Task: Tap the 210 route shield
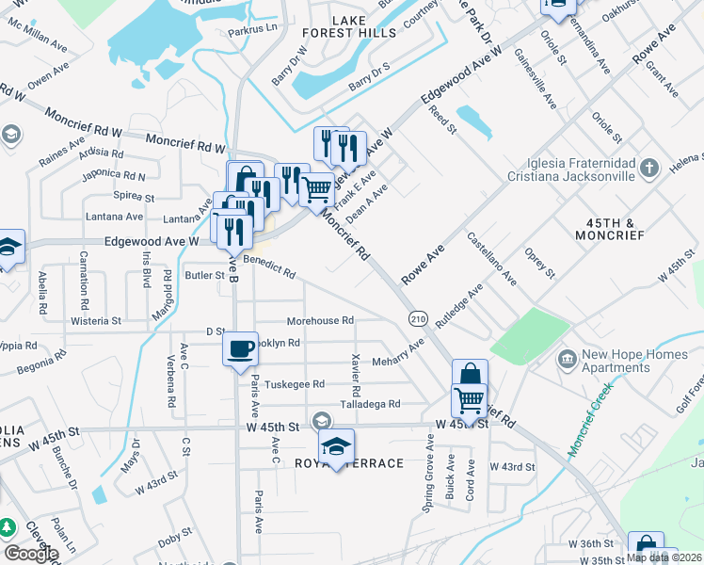[x=418, y=319]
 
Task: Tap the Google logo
[x=31, y=553]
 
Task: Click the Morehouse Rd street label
[x=320, y=320]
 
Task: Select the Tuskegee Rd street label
[x=294, y=384]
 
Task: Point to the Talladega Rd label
[x=370, y=403]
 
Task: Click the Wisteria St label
[x=97, y=320]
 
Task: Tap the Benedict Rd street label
[x=269, y=267]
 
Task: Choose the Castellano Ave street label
[x=491, y=260]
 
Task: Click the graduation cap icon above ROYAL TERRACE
[x=335, y=447]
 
